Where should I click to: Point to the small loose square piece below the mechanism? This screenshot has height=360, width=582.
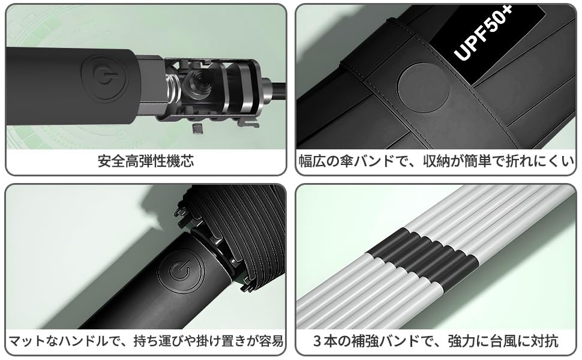coord(196,128)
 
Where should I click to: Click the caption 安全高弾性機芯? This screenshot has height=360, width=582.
coord(146,161)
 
